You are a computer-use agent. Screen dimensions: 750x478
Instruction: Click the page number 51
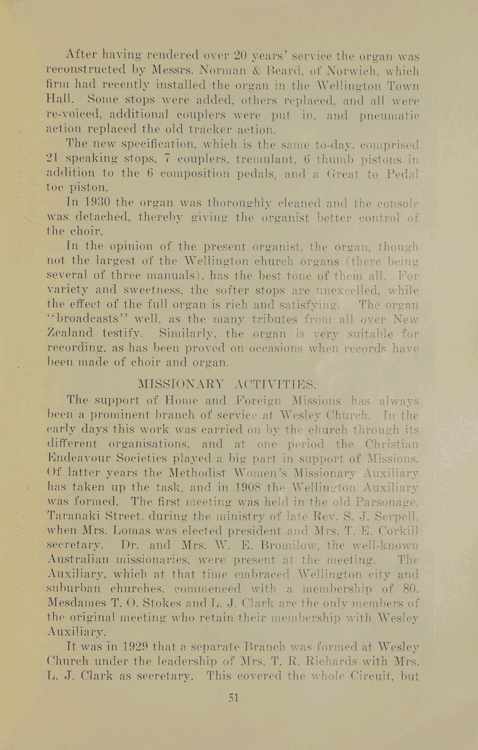tap(233, 698)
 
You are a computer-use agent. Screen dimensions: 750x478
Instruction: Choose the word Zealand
tap(69, 333)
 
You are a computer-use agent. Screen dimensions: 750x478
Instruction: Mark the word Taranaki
tap(73, 516)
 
